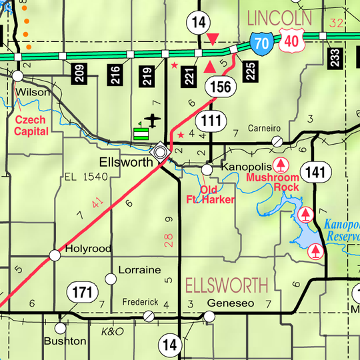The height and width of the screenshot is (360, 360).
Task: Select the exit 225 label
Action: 250,70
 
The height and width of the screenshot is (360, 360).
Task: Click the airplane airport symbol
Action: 153,120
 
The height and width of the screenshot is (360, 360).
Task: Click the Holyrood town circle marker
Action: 55,255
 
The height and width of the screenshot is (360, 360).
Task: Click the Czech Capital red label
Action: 31,125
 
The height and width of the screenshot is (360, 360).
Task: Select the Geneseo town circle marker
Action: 209,316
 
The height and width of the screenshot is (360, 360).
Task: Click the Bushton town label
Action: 65,341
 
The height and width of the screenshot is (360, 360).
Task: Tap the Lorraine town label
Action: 139,270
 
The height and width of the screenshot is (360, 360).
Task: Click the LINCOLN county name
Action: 279,16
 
